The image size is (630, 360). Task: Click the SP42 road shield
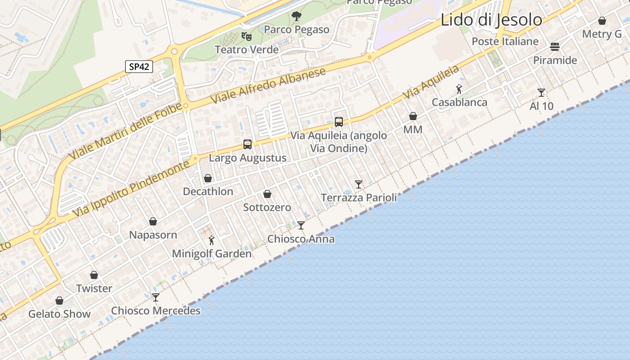point(139,67)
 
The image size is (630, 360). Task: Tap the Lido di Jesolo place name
point(491,20)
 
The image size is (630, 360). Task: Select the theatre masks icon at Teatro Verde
point(246,36)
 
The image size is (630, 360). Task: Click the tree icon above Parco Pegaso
point(296,16)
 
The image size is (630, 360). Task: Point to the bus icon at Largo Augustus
point(247,144)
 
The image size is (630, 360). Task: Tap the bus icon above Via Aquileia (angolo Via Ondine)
point(338,121)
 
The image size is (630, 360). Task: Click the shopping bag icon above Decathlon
point(208,178)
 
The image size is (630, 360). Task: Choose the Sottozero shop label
point(267,207)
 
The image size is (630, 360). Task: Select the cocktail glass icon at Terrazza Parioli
point(359,184)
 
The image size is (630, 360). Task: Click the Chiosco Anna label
point(301,238)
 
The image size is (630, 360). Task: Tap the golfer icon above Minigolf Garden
point(211,241)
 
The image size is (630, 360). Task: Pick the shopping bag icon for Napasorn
point(153,221)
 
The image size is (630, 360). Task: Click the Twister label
point(94,288)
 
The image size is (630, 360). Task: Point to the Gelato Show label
point(59,314)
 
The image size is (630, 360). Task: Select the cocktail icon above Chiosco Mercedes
point(156,297)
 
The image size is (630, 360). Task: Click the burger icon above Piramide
point(554,47)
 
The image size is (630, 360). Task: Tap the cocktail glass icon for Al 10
point(541,93)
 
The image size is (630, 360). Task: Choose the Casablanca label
point(459,102)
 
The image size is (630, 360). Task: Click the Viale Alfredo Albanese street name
point(268,86)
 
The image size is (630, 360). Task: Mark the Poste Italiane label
point(505,41)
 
